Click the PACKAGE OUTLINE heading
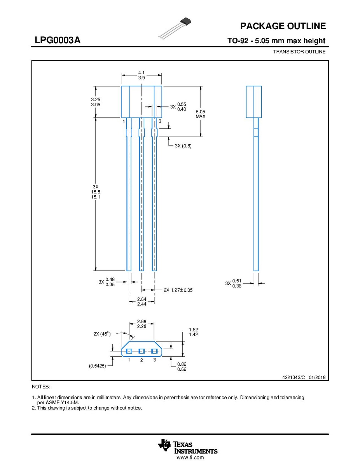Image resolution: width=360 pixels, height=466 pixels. pos(283,26)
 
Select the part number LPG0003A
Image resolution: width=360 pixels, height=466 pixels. pos(58,40)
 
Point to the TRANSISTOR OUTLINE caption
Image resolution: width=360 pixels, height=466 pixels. pos(299,52)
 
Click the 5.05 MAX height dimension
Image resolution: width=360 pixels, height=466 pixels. pos(201,114)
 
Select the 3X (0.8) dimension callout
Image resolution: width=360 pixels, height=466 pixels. pos(183,145)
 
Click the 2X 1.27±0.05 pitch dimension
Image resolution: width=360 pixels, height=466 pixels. pos(178,290)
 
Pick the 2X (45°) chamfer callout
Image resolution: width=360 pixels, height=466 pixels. pos(102,334)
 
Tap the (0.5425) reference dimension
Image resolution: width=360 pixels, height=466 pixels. pos(98,366)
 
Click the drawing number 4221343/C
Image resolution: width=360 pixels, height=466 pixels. pos(294,377)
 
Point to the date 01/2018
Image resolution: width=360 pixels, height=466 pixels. pos(317,377)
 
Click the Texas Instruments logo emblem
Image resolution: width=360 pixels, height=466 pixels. pos(164,445)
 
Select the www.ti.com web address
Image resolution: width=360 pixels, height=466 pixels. pos(190,457)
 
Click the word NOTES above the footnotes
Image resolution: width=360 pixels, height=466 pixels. pos(41,387)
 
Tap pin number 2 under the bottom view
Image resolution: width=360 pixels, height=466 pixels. pos(142,360)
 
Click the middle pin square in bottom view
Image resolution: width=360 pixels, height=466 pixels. pos(142,351)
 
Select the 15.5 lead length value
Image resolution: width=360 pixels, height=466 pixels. pos(96,192)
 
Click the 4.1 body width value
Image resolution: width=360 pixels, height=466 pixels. pos(142,72)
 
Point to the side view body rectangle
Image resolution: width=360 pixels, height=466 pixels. pos(253,102)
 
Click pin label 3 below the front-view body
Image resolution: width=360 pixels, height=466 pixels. pos(160,121)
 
